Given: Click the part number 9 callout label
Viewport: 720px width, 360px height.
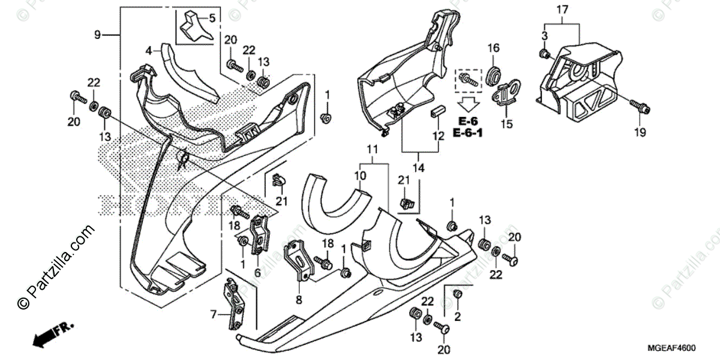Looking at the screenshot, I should point(97,35).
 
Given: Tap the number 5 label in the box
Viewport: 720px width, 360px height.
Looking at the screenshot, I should point(211,18).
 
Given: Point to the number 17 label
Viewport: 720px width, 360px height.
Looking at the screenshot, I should point(562,10).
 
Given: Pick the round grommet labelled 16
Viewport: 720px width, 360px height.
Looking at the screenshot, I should point(493,75).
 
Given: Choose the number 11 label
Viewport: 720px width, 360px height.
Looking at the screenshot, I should point(372,148).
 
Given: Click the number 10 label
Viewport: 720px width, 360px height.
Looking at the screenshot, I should point(359,175).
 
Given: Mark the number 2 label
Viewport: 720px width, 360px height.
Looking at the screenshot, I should point(458,316).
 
